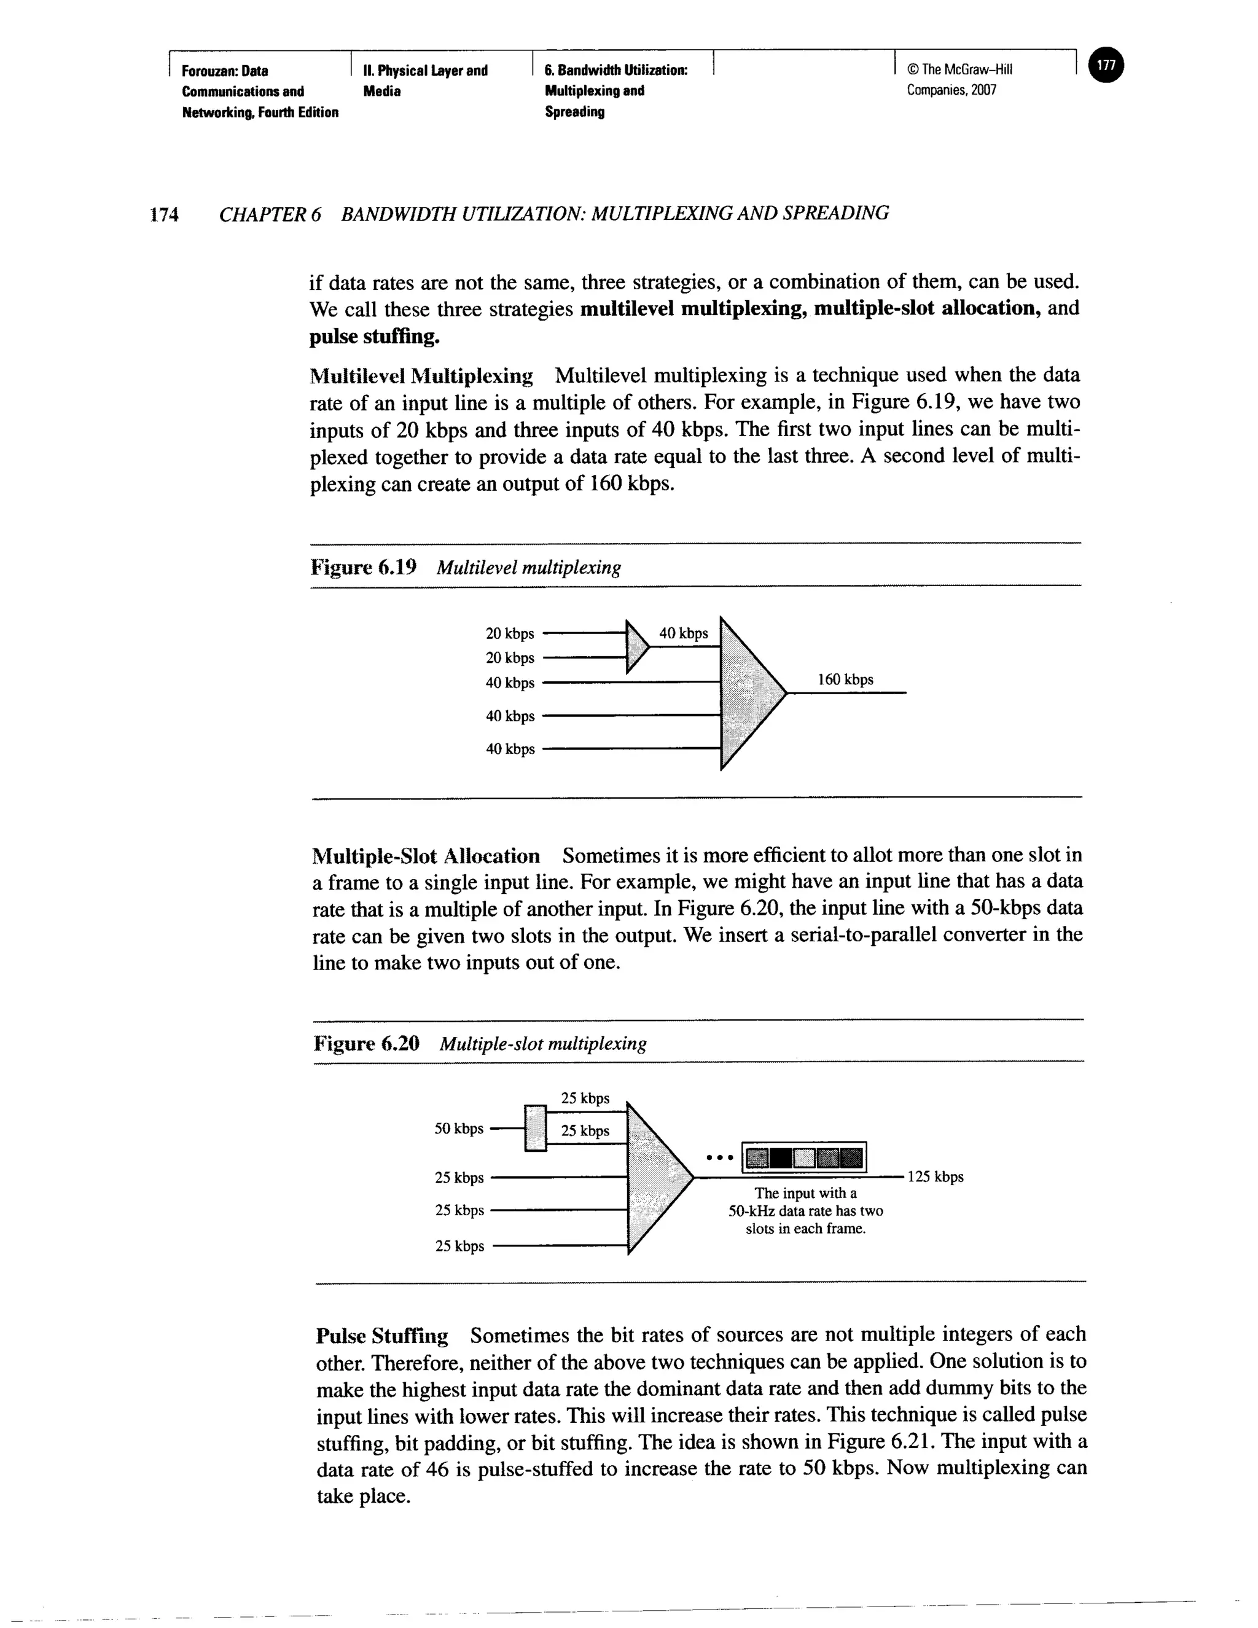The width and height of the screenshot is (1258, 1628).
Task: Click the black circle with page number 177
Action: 1107,66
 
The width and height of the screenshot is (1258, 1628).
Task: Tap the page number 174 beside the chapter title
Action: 164,214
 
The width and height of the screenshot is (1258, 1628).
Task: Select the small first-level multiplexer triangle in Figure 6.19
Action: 636,646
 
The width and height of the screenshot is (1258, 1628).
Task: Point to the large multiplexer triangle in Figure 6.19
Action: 748,693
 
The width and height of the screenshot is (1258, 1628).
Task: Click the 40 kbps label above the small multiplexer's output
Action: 684,633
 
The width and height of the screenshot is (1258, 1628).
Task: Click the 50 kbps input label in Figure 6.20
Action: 458,1128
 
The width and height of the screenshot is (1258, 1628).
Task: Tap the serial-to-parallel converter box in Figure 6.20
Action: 535,1127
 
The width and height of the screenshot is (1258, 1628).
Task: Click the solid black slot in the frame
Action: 779,1157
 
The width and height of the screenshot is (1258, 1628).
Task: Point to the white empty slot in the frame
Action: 803,1157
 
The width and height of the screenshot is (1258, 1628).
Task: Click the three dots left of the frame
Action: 720,1157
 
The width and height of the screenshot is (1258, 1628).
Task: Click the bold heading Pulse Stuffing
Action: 381,1335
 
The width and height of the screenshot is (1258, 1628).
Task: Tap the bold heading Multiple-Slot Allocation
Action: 426,855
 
